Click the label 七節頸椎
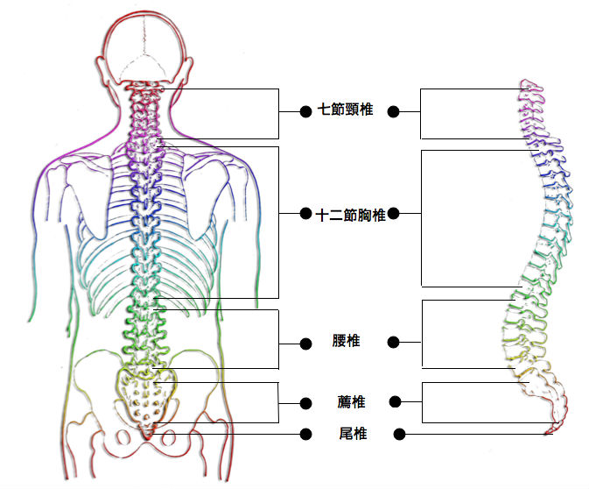tap(345, 110)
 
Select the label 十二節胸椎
tap(350, 216)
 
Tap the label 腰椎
tap(346, 340)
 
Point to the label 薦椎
tap(351, 401)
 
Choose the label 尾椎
tap(353, 433)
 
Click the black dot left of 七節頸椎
tap(305, 111)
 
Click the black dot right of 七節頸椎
tap(393, 111)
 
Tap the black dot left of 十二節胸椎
tap(305, 214)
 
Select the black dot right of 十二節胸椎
tap(393, 214)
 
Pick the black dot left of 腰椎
tap(305, 344)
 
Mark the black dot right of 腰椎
tap(393, 343)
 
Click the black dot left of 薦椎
tap(305, 404)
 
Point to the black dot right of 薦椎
tap(396, 401)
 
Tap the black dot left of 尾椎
tap(305, 435)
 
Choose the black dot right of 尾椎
tap(399, 435)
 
